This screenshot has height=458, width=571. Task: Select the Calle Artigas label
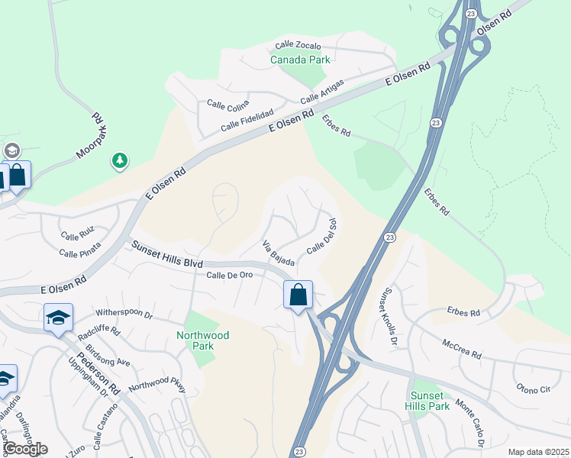pyautogui.click(x=321, y=92)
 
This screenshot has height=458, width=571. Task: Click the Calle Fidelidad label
pyautogui.click(x=247, y=118)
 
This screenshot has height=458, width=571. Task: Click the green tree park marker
pyautogui.click(x=118, y=160)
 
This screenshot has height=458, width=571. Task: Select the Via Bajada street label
pyautogui.click(x=278, y=253)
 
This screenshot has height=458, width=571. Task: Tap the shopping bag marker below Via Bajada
pyautogui.click(x=298, y=295)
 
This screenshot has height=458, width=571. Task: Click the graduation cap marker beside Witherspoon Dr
pyautogui.click(x=58, y=318)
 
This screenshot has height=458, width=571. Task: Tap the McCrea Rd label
pyautogui.click(x=462, y=350)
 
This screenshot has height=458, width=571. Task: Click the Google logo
pyautogui.click(x=25, y=449)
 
